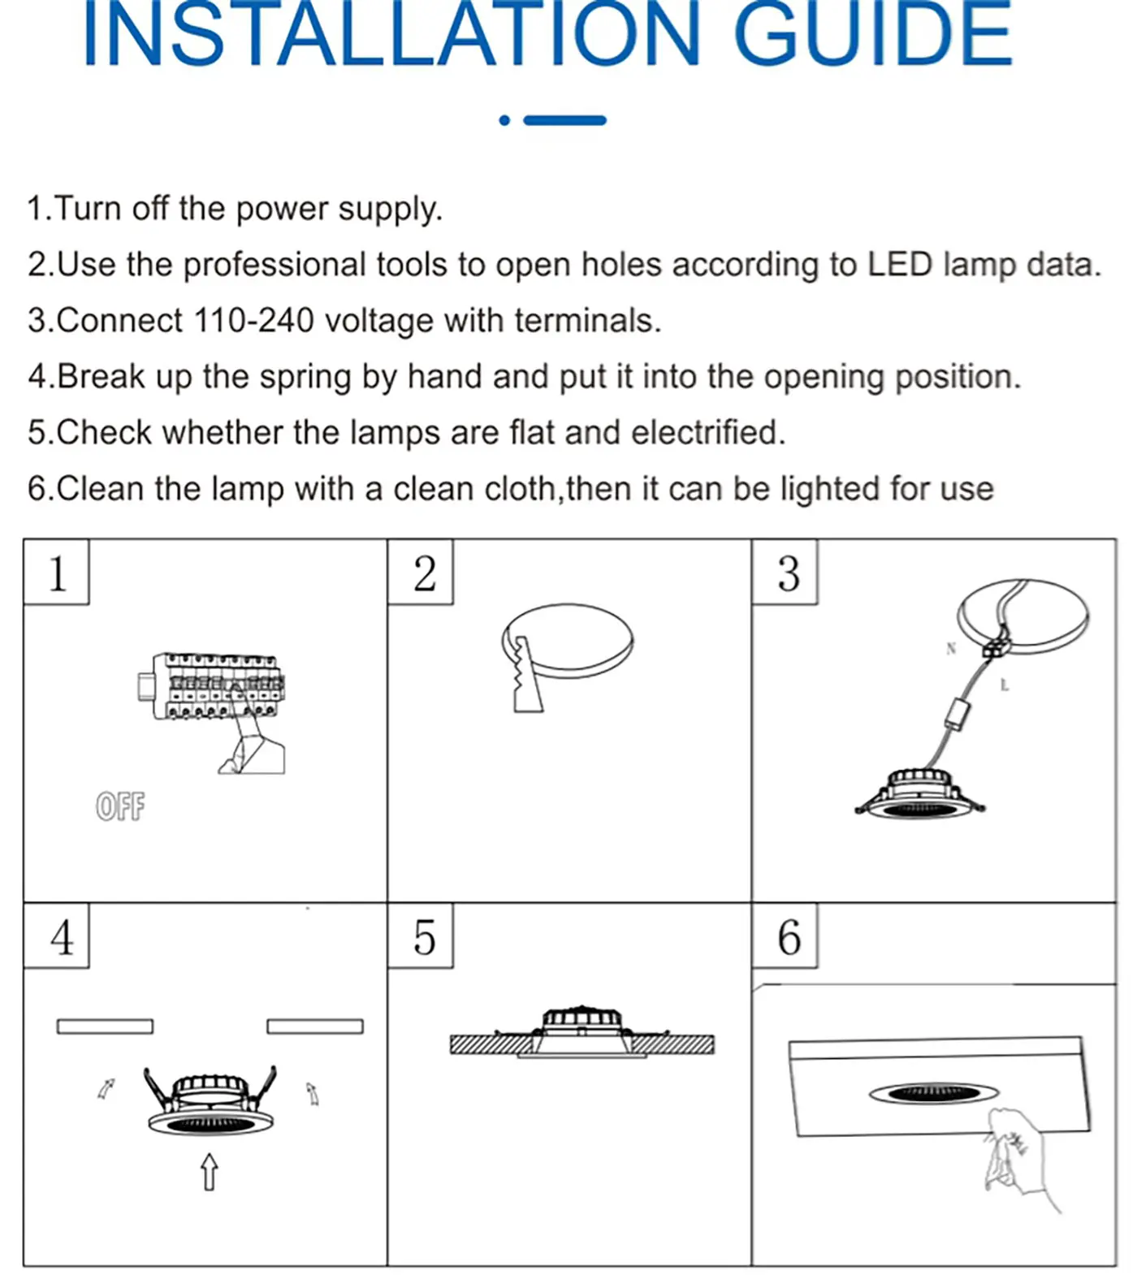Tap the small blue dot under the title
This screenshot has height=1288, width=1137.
[504, 120]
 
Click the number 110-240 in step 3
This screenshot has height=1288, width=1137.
[254, 321]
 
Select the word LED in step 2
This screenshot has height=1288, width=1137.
[899, 265]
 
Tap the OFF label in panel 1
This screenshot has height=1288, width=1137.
[120, 806]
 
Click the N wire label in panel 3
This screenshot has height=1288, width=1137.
[951, 648]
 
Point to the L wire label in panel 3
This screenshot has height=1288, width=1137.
[1004, 685]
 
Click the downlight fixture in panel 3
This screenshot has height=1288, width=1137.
[919, 796]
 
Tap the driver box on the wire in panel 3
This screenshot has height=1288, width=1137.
[958, 714]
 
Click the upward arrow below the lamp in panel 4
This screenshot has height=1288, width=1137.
[210, 1172]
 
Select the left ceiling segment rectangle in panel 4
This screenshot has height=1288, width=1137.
[105, 1027]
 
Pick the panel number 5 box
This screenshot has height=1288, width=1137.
[421, 936]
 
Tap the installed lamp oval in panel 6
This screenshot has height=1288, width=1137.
[934, 1093]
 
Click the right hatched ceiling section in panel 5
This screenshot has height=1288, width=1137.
[674, 1044]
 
